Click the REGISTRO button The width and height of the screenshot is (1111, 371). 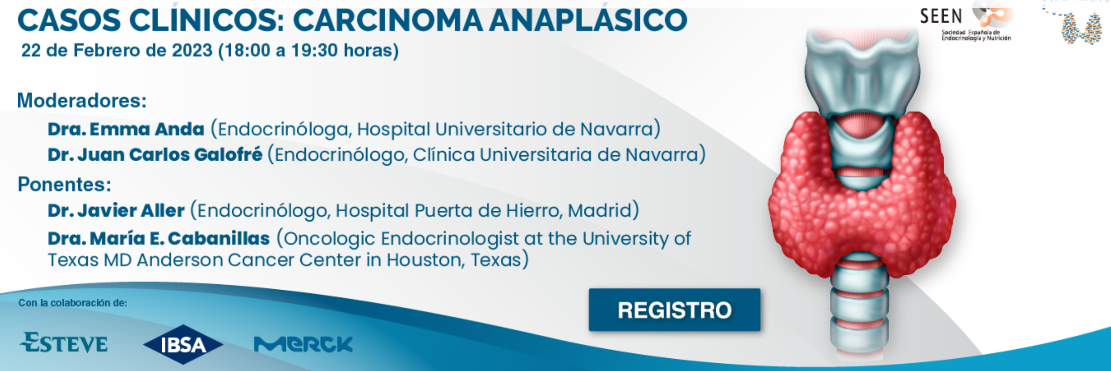tap(674, 310)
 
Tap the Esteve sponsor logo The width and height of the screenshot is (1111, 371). tap(64, 342)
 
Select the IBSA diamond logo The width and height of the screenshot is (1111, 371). tap(183, 344)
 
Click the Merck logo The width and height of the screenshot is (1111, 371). tap(303, 344)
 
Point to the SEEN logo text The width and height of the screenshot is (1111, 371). tap(941, 17)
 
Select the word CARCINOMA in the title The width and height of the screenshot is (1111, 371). tap(388, 21)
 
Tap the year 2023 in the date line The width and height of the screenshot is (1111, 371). tap(192, 50)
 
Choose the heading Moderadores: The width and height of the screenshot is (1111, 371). tap(82, 100)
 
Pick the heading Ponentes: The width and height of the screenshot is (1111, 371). tap(65, 184)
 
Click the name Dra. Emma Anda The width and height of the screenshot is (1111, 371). tap(126, 129)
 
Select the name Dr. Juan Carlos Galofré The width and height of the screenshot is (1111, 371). tap(155, 154)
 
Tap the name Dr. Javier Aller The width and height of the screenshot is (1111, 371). tap(116, 210)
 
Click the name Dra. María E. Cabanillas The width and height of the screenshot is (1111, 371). tap(159, 238)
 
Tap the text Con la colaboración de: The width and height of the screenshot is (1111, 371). tap(73, 303)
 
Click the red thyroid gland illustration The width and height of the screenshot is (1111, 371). tap(862, 195)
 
